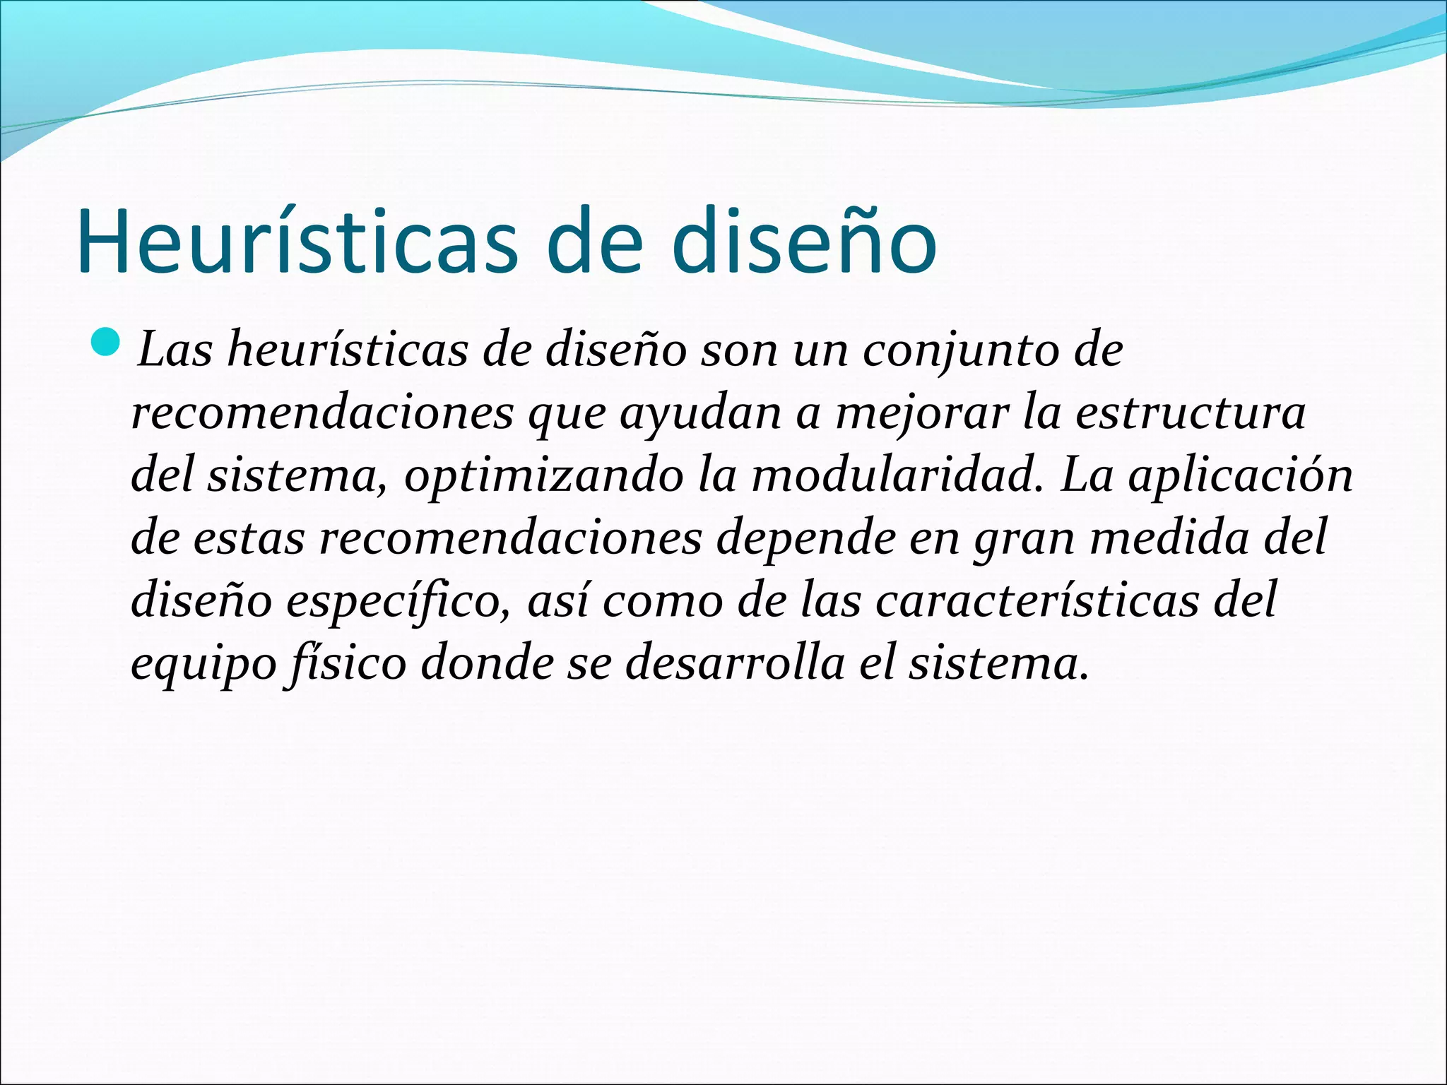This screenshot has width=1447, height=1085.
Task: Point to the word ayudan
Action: (700, 414)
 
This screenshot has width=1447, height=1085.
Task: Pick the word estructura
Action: (1191, 413)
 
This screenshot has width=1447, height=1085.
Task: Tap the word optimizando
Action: (543, 477)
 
